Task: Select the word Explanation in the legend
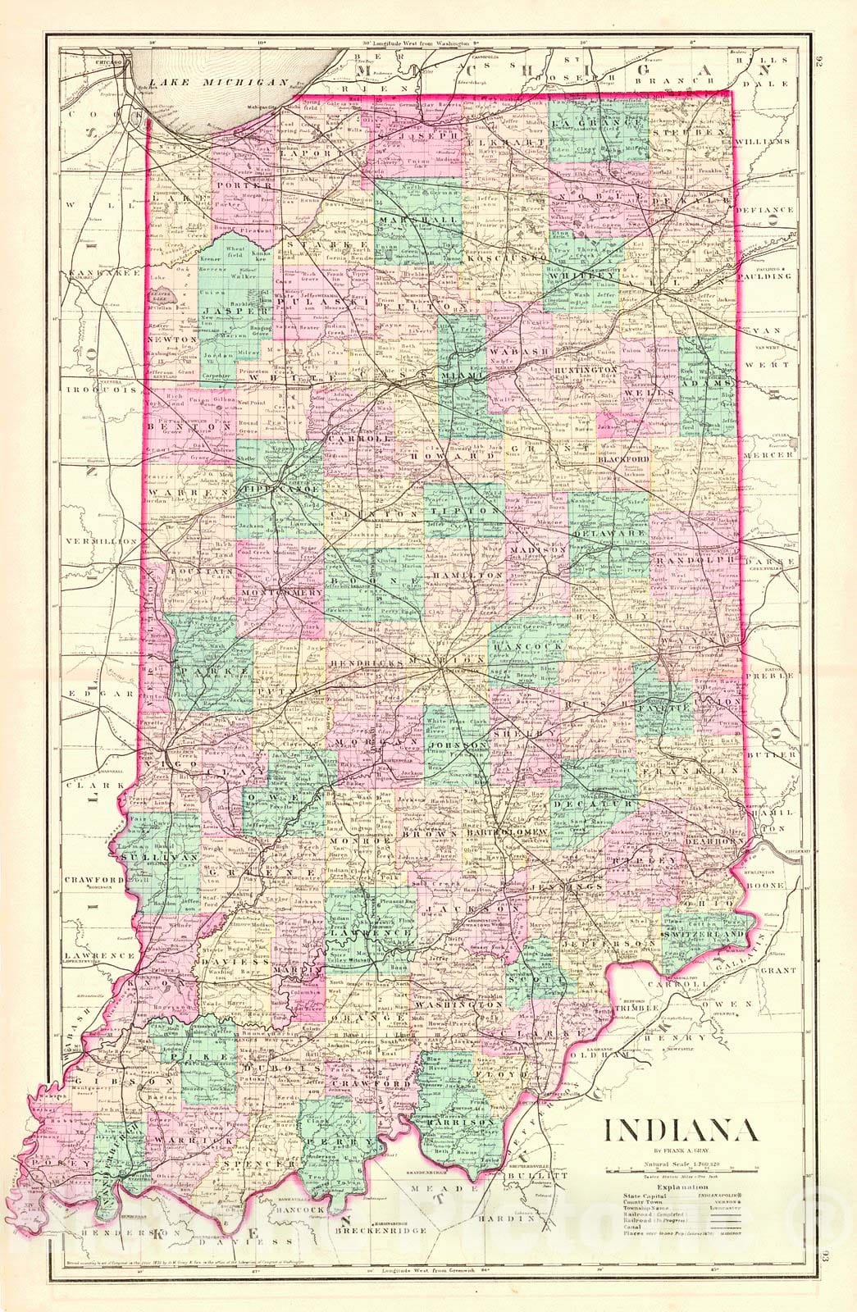(x=681, y=1187)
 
